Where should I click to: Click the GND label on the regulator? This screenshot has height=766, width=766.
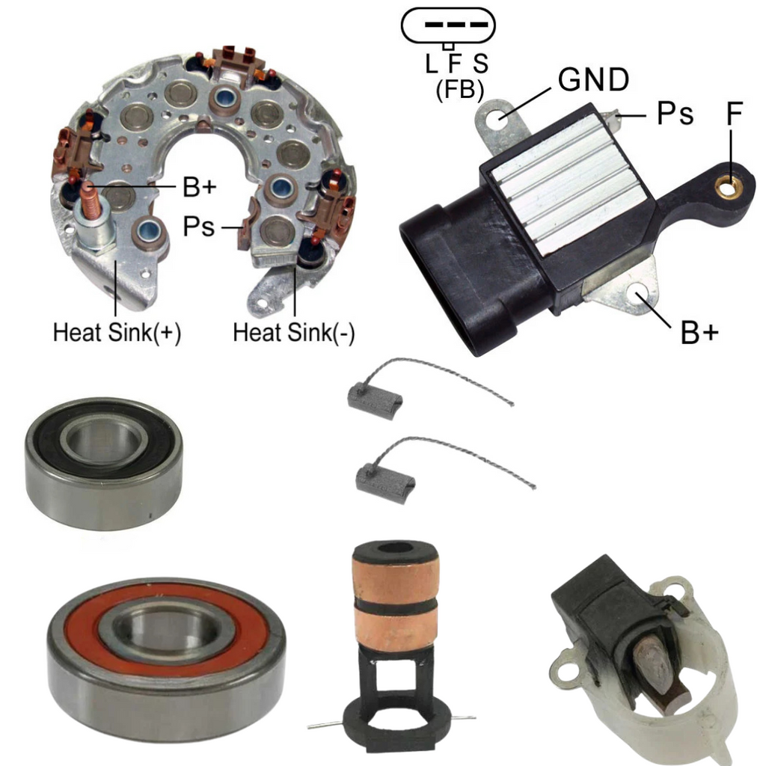tap(593, 79)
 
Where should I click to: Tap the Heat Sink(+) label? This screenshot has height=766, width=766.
tap(117, 333)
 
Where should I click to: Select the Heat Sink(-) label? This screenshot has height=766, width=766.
tap(293, 333)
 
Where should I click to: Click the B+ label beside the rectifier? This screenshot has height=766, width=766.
tap(199, 186)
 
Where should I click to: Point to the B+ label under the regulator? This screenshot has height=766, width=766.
tap(699, 333)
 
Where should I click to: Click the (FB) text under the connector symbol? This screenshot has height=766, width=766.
tap(460, 90)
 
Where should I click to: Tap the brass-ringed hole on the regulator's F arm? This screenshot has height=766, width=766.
tap(729, 187)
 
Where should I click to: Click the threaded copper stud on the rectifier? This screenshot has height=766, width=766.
tap(91, 200)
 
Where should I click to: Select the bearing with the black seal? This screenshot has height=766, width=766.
tap(103, 463)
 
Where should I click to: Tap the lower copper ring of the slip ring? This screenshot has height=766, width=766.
tap(396, 628)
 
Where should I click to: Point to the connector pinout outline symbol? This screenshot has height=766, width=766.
tap(448, 25)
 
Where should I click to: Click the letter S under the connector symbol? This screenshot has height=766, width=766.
tap(481, 64)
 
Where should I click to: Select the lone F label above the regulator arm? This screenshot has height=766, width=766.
tap(735, 114)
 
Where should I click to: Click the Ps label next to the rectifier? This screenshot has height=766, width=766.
tap(198, 226)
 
